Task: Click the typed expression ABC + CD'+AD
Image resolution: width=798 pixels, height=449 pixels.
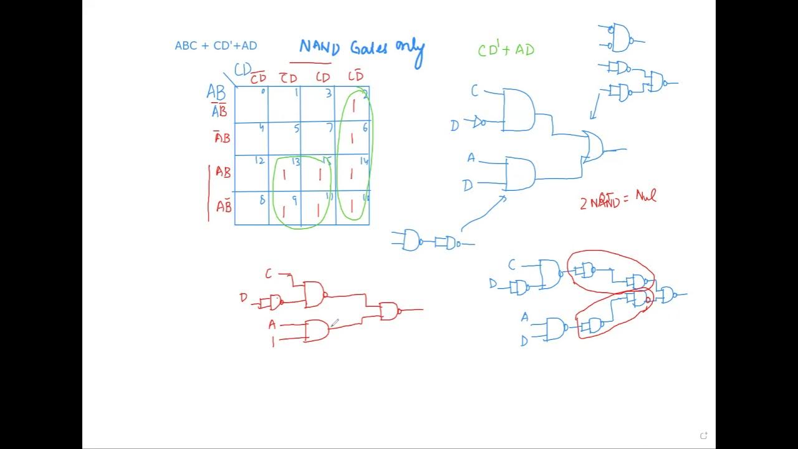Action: point(216,46)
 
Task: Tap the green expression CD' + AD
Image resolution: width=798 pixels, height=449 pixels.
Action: point(506,50)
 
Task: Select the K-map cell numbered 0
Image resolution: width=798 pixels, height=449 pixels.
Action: point(252,104)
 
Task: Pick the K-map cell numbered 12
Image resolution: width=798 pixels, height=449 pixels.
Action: point(252,173)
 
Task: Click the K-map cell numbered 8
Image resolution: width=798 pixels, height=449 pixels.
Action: point(252,208)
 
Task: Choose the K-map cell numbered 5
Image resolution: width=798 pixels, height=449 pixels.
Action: point(285,138)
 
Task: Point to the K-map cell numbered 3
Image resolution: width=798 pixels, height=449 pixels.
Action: point(318,104)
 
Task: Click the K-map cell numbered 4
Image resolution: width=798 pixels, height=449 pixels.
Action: point(252,138)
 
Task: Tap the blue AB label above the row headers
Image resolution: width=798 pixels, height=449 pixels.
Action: point(216,93)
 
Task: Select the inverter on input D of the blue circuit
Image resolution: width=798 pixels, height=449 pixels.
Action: point(479,122)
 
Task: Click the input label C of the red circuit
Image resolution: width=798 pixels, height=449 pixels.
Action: point(269,274)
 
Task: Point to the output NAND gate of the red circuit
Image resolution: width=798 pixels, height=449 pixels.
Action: point(389,311)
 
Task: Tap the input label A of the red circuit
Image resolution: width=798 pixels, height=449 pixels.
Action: point(272,324)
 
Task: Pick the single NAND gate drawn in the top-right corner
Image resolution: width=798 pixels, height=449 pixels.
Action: point(622,37)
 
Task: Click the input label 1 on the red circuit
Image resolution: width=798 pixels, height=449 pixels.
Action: point(272,341)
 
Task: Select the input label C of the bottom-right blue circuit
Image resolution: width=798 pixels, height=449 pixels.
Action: point(512,265)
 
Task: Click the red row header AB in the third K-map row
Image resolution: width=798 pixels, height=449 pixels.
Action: point(223,172)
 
